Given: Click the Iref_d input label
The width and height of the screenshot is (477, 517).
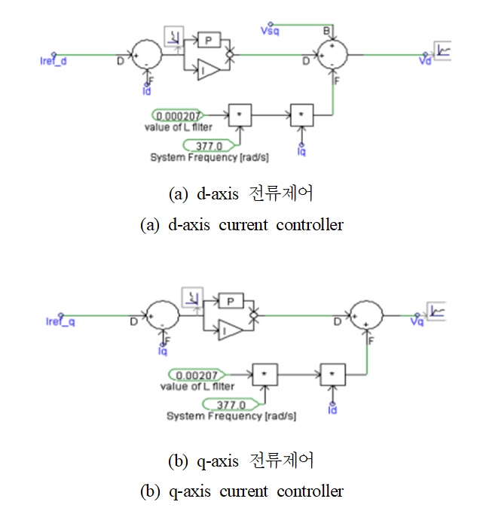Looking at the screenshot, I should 53,62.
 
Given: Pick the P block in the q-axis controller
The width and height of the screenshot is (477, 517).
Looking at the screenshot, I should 231,301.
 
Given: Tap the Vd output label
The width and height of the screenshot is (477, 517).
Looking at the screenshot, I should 427,62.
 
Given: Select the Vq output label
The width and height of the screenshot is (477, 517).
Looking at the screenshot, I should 417,321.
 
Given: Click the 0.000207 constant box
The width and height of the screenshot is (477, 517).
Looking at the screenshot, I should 177,116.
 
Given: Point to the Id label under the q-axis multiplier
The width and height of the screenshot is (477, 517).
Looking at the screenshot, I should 332,410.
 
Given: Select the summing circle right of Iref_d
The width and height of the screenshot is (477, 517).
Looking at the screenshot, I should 145,54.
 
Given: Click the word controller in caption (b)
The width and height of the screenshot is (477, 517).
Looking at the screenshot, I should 309,491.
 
